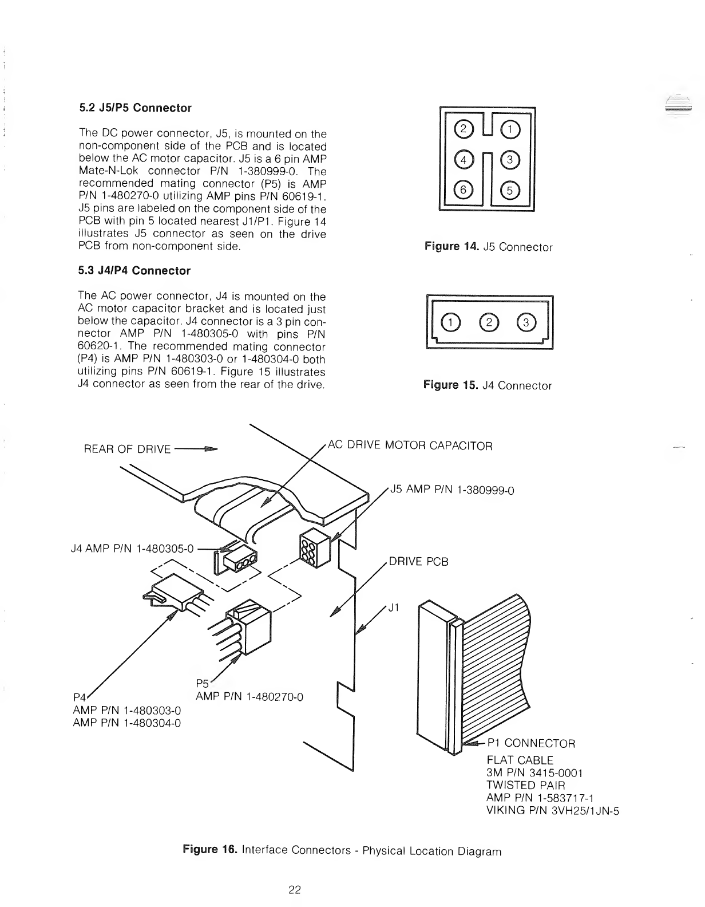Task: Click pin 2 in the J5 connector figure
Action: pos(462,130)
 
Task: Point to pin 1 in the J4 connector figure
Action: pos(450,324)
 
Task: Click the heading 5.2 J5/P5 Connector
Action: pos(134,108)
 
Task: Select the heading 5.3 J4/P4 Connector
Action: pos(134,271)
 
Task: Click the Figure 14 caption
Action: pos(488,247)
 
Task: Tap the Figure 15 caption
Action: pos(488,385)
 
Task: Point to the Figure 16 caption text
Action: pos(342,850)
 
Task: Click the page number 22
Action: pos(294,890)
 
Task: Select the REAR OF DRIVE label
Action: pos(127,449)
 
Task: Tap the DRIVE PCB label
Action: pos(418,562)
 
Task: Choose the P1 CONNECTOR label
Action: pos(530,743)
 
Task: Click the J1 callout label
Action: pos(393,608)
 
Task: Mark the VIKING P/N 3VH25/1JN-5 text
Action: pos(553,810)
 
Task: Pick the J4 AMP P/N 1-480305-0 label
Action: pos(130,549)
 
